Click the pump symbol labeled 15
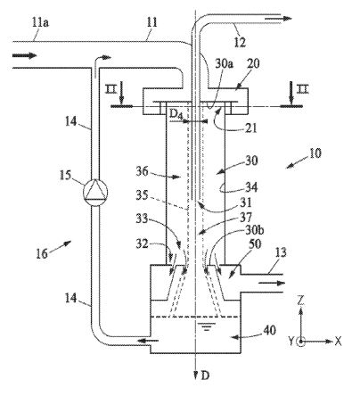[95, 192]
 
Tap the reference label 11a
[40, 22]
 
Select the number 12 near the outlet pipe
[240, 42]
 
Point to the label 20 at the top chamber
[253, 63]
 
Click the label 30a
[224, 63]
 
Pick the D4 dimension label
[176, 114]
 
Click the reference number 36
[142, 171]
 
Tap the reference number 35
[142, 195]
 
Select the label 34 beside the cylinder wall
[251, 187]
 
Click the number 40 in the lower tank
[269, 330]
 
